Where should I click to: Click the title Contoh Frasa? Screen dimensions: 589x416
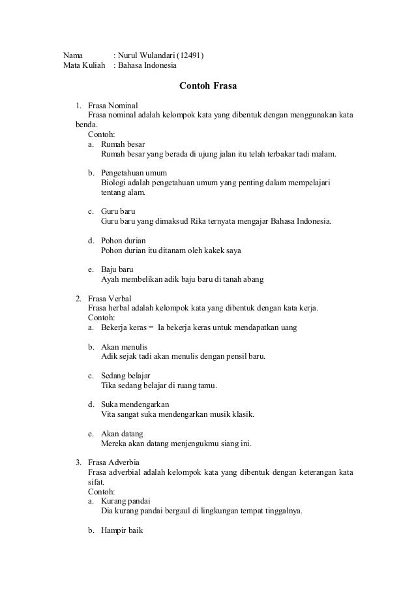click(208, 85)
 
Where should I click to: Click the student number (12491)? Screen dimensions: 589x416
click(190, 55)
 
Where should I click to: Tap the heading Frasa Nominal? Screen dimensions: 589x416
click(113, 105)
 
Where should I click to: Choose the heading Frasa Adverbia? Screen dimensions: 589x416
click(113, 462)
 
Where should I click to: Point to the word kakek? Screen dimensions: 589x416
click(215, 250)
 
